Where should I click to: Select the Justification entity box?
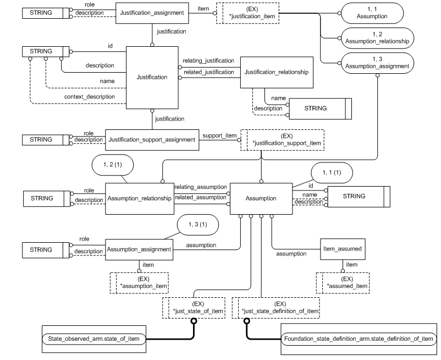point(152,77)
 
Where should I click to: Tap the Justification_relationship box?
point(277,72)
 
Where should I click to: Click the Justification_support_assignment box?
point(152,139)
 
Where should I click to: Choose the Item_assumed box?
point(342,249)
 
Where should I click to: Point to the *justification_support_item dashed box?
point(285,139)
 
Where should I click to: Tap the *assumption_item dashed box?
point(140,282)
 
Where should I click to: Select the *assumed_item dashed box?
point(343,282)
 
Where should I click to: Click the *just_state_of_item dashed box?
point(198,308)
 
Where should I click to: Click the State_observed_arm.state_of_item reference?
point(93,337)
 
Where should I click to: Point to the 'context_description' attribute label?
point(93,97)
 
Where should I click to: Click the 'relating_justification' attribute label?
point(209,61)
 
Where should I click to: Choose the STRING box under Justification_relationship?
point(315,108)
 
